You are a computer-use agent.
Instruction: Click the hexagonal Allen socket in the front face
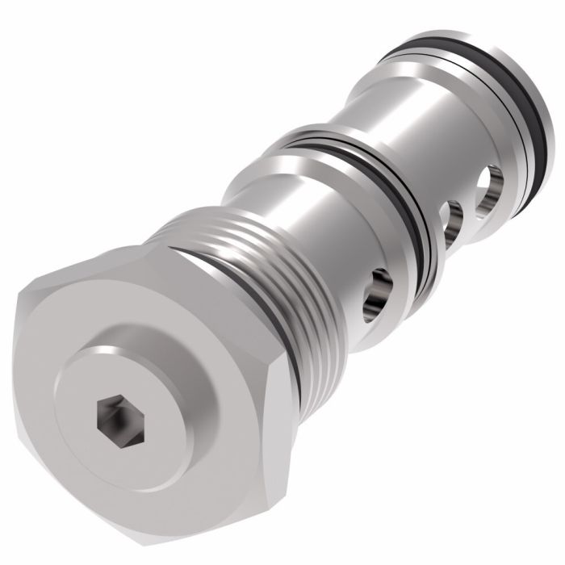[x=111, y=416]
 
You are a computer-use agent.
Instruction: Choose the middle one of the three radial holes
[x=453, y=219]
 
